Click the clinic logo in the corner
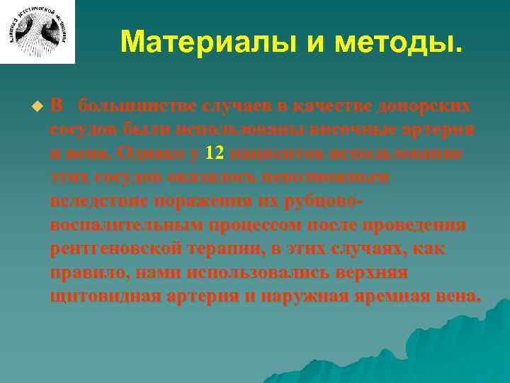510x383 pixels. click(37, 31)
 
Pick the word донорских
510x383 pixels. click(431, 106)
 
